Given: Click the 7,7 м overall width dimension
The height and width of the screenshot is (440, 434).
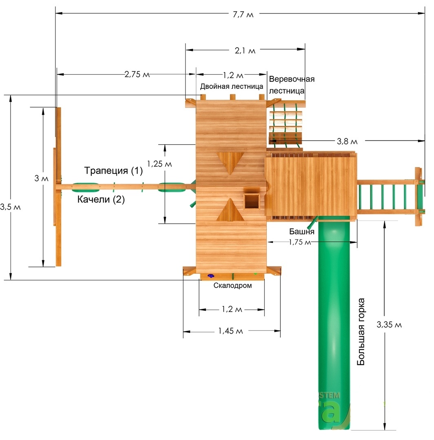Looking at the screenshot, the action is [243, 14].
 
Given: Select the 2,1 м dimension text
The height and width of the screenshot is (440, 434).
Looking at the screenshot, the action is [245, 51].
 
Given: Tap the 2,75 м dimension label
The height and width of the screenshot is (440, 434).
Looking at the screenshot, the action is [137, 75].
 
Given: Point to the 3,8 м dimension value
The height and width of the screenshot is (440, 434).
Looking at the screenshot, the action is [347, 141].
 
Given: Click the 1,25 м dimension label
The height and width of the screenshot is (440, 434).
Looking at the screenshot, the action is [159, 164].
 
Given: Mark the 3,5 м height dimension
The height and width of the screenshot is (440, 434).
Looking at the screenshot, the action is [10, 207].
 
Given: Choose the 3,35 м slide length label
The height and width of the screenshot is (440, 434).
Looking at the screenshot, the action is [389, 325].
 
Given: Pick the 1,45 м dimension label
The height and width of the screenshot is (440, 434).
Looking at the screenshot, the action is [230, 331].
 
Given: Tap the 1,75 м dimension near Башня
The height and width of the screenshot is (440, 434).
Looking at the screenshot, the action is [300, 242].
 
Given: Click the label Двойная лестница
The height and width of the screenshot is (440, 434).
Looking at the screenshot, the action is [231, 86].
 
